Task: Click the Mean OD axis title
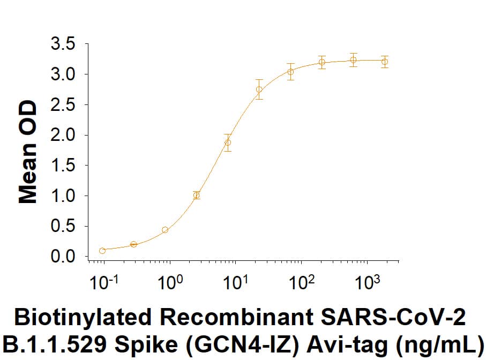coord(28,152)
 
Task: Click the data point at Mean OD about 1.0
coord(197,195)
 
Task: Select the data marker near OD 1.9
coord(228,142)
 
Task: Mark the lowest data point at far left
coord(102,251)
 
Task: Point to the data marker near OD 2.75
coord(259,89)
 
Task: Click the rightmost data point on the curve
coord(384,62)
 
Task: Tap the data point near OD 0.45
coord(165,230)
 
